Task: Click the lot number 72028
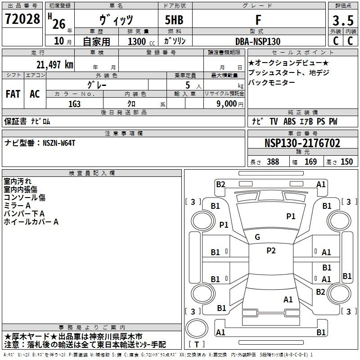coord(22,19)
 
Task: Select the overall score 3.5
coord(343,21)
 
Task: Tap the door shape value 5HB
coord(174,20)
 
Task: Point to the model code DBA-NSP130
coord(258,41)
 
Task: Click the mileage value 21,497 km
coord(55,65)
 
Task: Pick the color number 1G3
coord(74,104)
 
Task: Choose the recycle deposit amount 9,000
coord(227,103)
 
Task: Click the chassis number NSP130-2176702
coord(302,143)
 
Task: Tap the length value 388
coord(273,162)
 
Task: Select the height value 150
coord(346,162)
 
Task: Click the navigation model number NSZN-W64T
coord(59,143)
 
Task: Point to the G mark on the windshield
coord(257,237)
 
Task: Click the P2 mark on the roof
coord(271,251)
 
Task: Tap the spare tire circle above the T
coord(197,328)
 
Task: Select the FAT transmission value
coord(13,94)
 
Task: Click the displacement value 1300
coord(137,41)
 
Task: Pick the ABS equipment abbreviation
coord(289,121)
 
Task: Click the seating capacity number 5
coord(188,85)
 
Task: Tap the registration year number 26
coord(59,24)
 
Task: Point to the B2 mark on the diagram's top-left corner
coord(220,184)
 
